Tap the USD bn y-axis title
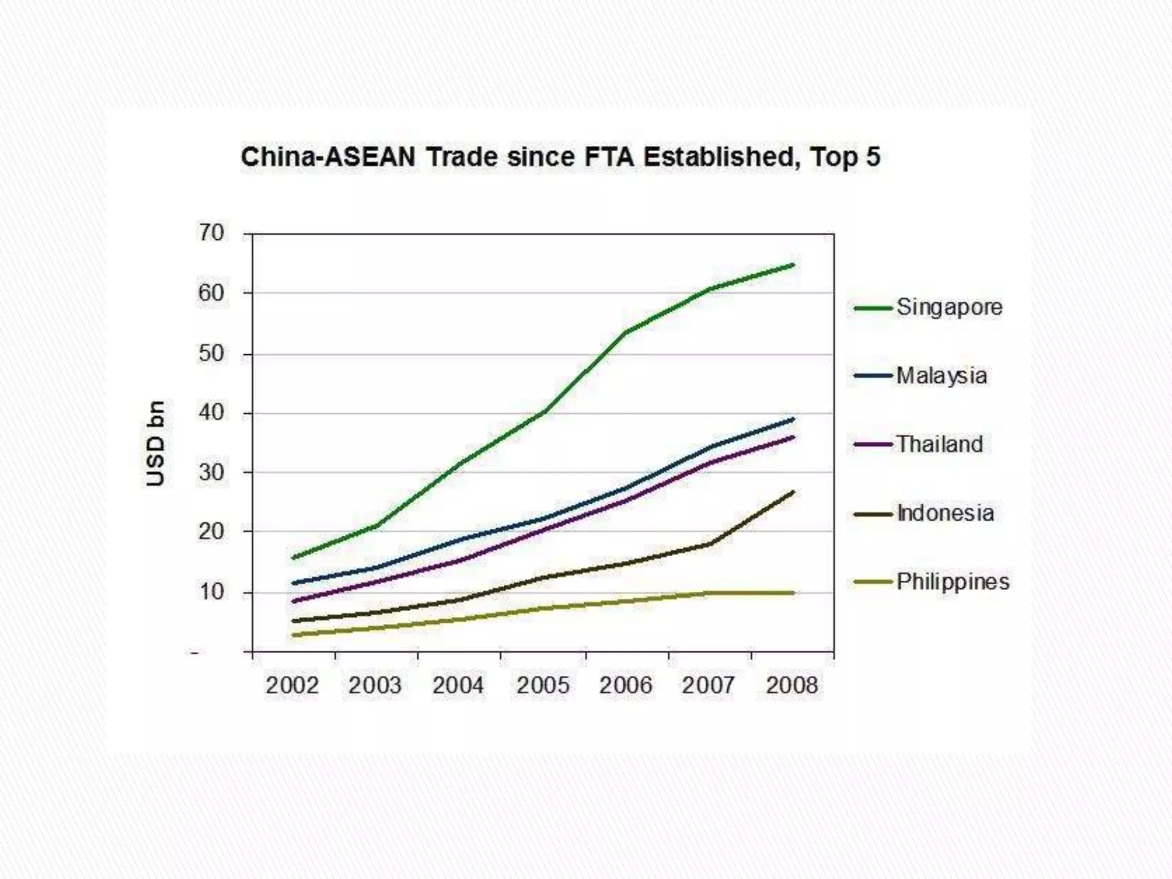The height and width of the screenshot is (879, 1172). tap(155, 444)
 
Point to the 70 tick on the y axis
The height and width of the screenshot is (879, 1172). tap(211, 233)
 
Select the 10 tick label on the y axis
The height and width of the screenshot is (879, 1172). tap(211, 592)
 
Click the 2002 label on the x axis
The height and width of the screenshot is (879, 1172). tap(292, 685)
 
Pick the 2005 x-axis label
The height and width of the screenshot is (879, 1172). tap(543, 685)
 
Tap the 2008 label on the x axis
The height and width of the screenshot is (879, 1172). tap(792, 685)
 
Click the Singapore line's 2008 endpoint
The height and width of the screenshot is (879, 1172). tap(793, 264)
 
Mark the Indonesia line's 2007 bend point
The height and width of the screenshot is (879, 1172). tap(710, 544)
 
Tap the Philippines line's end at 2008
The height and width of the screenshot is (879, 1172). tap(793, 593)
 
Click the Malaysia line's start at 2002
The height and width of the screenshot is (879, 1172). tap(294, 583)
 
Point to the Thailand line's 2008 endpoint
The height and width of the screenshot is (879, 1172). tap(793, 437)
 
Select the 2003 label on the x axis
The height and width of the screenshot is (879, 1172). tap(375, 685)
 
